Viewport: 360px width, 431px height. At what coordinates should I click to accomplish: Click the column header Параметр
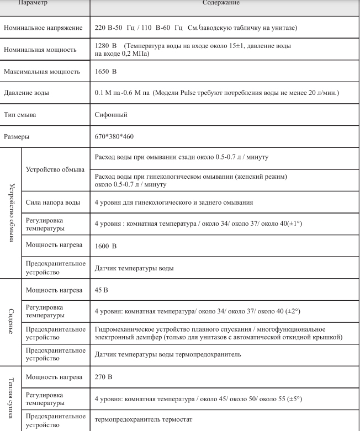[34, 3]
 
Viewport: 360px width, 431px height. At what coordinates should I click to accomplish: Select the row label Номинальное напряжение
[43, 27]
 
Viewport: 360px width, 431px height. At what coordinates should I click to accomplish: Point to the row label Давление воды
[26, 93]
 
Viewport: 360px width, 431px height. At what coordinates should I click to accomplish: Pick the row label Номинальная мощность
[40, 49]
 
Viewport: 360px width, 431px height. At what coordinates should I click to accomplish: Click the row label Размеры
[17, 135]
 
